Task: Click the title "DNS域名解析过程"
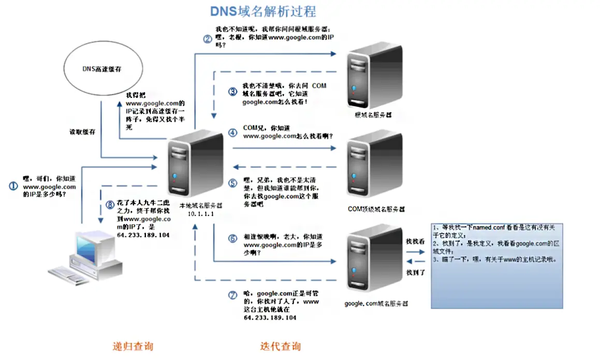[x=262, y=11]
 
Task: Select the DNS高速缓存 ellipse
[x=105, y=69]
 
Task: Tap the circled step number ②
[x=207, y=38]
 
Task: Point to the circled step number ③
[x=232, y=92]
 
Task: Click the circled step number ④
[x=232, y=132]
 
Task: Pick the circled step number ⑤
[x=232, y=183]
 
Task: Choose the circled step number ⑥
[x=232, y=239]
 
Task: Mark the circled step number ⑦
[x=232, y=295]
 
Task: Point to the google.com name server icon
[x=374, y=259]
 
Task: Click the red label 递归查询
[x=133, y=346]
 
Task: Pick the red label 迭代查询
[x=280, y=346]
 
